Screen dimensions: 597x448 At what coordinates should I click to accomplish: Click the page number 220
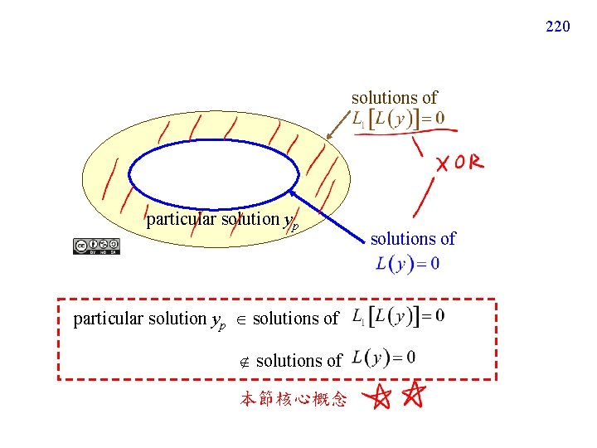coord(557,27)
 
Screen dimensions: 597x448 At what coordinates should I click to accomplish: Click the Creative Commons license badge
coord(96,246)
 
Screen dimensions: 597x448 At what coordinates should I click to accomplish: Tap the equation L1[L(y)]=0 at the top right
coord(397,119)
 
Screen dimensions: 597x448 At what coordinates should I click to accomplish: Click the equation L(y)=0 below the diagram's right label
coord(407,264)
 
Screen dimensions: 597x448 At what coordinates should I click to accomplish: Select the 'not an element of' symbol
coord(245,361)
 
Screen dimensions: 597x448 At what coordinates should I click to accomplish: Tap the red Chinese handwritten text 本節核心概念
coord(294,400)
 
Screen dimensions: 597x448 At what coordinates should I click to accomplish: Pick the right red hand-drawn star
coord(412,396)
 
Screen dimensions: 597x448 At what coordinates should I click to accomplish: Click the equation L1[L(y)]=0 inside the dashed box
coord(398,316)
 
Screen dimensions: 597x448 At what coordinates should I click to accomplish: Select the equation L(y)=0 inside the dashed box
coord(384,358)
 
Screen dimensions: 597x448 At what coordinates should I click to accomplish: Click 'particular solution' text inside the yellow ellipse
coord(212,219)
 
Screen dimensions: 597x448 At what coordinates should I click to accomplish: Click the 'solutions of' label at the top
coord(394,98)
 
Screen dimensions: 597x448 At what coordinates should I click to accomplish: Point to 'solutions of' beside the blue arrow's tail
coord(413,239)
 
